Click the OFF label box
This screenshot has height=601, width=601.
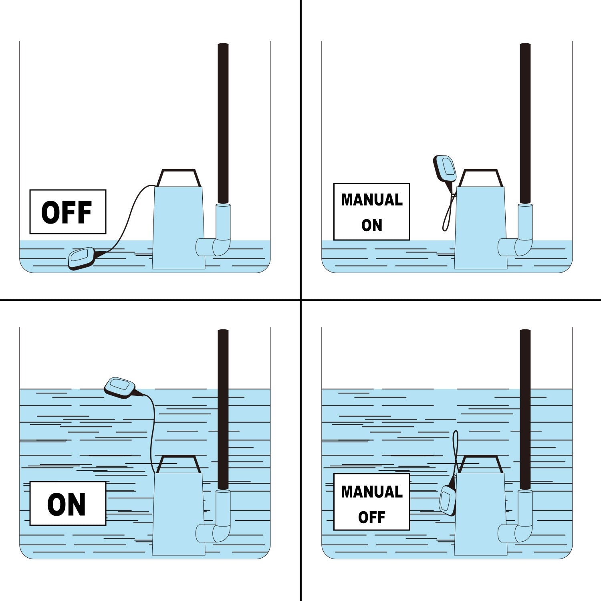(x=68, y=212)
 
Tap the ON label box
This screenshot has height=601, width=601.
(x=68, y=503)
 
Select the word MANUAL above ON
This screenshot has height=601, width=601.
(x=372, y=200)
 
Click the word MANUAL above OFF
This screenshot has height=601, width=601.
(x=372, y=492)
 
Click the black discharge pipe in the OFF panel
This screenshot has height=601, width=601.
(x=223, y=123)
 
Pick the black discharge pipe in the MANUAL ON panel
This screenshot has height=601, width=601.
(x=525, y=123)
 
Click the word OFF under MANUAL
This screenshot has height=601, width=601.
(x=372, y=517)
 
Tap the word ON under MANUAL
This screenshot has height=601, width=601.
(x=372, y=225)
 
